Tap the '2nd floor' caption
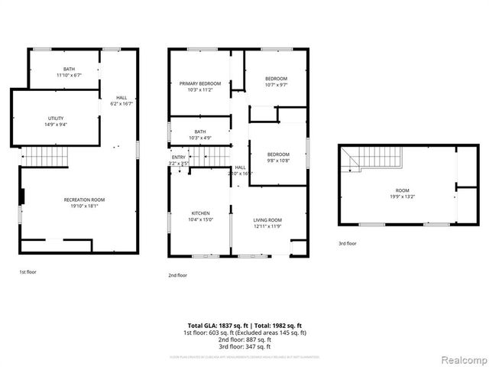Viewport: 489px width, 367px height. point(177,275)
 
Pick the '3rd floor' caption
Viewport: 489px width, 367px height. point(348,244)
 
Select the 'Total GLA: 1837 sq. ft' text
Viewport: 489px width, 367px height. point(215,326)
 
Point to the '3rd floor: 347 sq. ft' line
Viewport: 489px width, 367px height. point(244,347)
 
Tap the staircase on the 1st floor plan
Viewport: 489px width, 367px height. point(44,156)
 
